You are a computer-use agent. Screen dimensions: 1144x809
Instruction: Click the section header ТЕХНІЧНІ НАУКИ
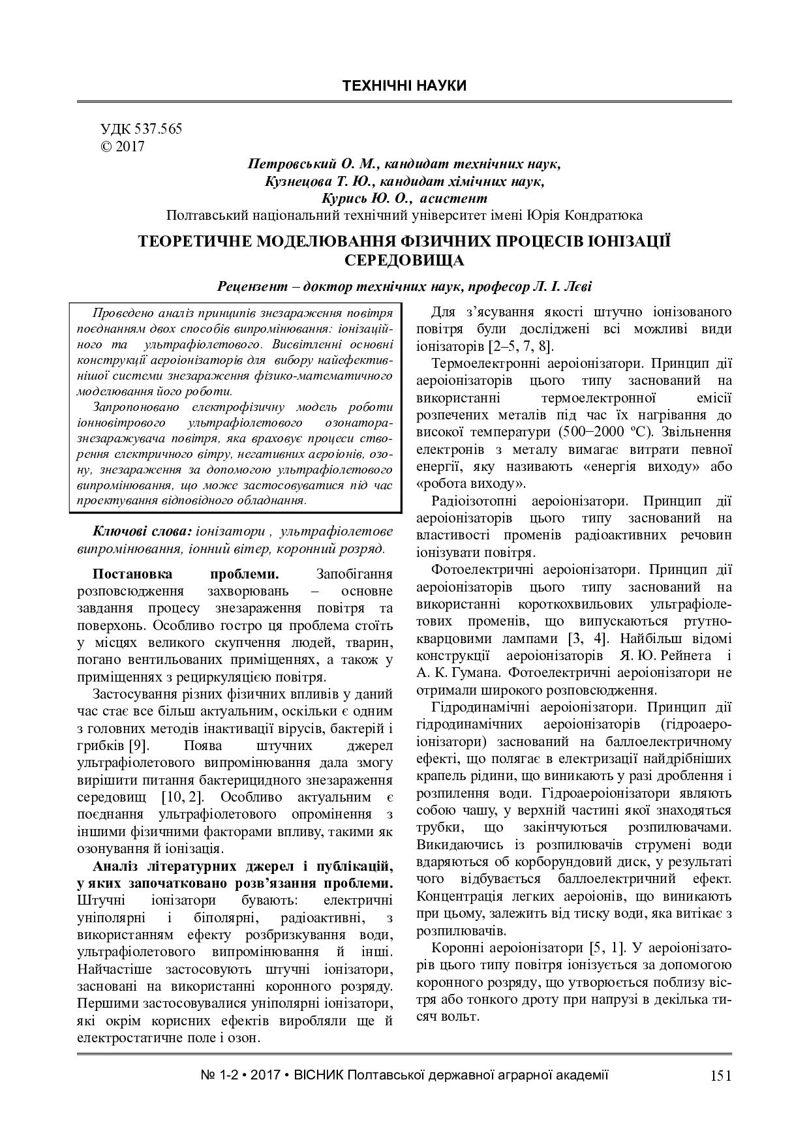tap(404, 86)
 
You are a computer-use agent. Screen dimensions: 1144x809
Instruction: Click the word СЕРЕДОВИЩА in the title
tap(404, 261)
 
